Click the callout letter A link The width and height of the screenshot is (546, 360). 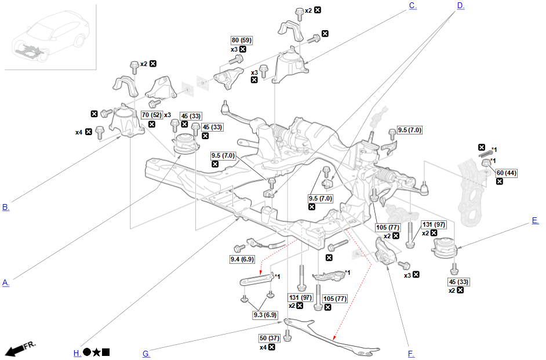pyautogui.click(x=6, y=283)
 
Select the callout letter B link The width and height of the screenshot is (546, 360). pyautogui.click(x=6, y=207)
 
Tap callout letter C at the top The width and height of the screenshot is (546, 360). pyautogui.click(x=413, y=6)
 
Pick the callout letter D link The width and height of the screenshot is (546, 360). pyautogui.click(x=460, y=6)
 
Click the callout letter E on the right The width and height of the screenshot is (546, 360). pyautogui.click(x=535, y=220)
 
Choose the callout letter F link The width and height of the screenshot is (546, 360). pyautogui.click(x=410, y=354)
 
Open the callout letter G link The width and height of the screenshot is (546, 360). pyautogui.click(x=146, y=354)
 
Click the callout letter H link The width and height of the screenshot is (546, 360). pyautogui.click(x=77, y=353)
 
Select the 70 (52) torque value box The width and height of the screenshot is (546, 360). pyautogui.click(x=151, y=115)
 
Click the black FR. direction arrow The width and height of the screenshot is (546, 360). pyautogui.click(x=20, y=348)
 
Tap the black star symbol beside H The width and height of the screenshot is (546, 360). pyautogui.click(x=96, y=352)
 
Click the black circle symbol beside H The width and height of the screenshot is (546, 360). pyautogui.click(x=87, y=352)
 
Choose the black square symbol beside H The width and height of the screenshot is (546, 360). pyautogui.click(x=106, y=352)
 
